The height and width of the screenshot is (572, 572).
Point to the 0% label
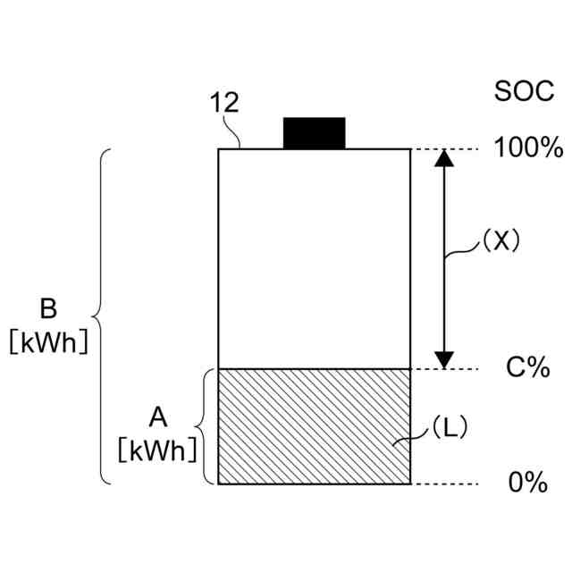tap(527, 483)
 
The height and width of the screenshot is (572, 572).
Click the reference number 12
tap(224, 103)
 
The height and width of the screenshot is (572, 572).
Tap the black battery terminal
tap(314, 132)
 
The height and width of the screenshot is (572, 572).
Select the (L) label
tap(444, 428)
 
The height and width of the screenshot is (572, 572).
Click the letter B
tap(48, 309)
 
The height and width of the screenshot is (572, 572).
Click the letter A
tap(156, 416)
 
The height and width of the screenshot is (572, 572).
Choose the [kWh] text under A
tap(156, 450)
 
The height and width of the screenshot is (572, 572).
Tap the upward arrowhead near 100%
tap(444, 158)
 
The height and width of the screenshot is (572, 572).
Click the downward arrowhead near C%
tap(444, 357)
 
